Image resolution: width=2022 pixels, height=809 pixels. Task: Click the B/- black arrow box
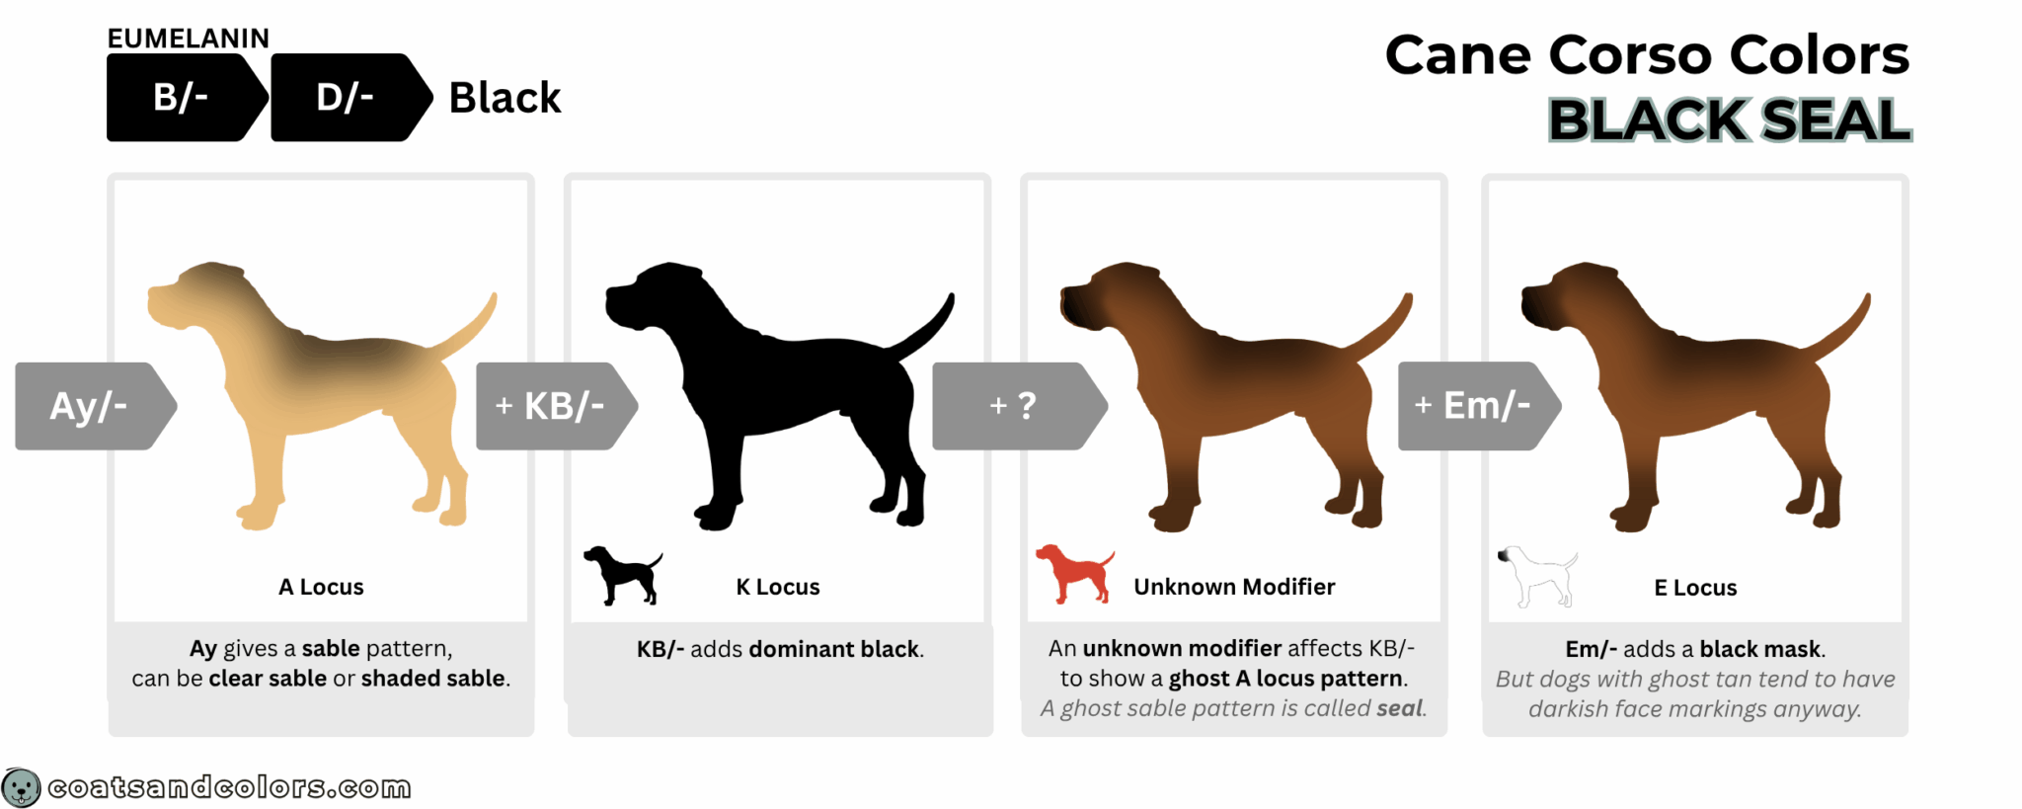[182, 98]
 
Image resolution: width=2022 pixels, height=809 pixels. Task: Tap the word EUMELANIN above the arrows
[188, 39]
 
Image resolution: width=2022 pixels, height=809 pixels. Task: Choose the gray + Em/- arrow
[1474, 406]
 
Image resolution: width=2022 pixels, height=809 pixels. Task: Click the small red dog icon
[1074, 572]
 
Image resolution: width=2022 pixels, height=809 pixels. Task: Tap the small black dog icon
[622, 574]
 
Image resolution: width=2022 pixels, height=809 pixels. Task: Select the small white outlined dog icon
[1536, 575]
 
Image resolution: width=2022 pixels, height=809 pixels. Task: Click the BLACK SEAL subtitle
[1729, 121]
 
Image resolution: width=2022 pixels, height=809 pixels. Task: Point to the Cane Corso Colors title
[1647, 55]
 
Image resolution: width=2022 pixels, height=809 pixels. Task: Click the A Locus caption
[321, 587]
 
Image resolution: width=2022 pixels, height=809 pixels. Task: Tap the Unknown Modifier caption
[1234, 587]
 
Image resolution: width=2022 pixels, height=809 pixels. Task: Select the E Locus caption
[1695, 588]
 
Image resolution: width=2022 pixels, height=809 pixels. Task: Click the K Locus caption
[778, 587]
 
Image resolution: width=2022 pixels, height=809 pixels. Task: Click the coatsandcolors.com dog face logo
[21, 787]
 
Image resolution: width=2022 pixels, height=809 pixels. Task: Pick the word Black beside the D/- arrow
[505, 98]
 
